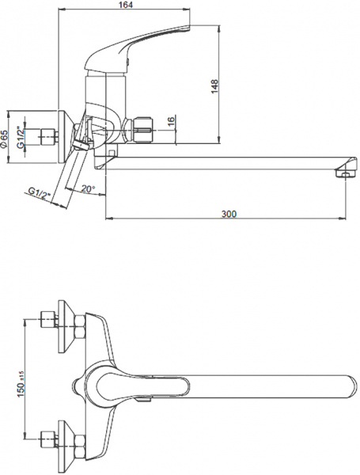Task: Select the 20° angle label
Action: coord(87,190)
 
